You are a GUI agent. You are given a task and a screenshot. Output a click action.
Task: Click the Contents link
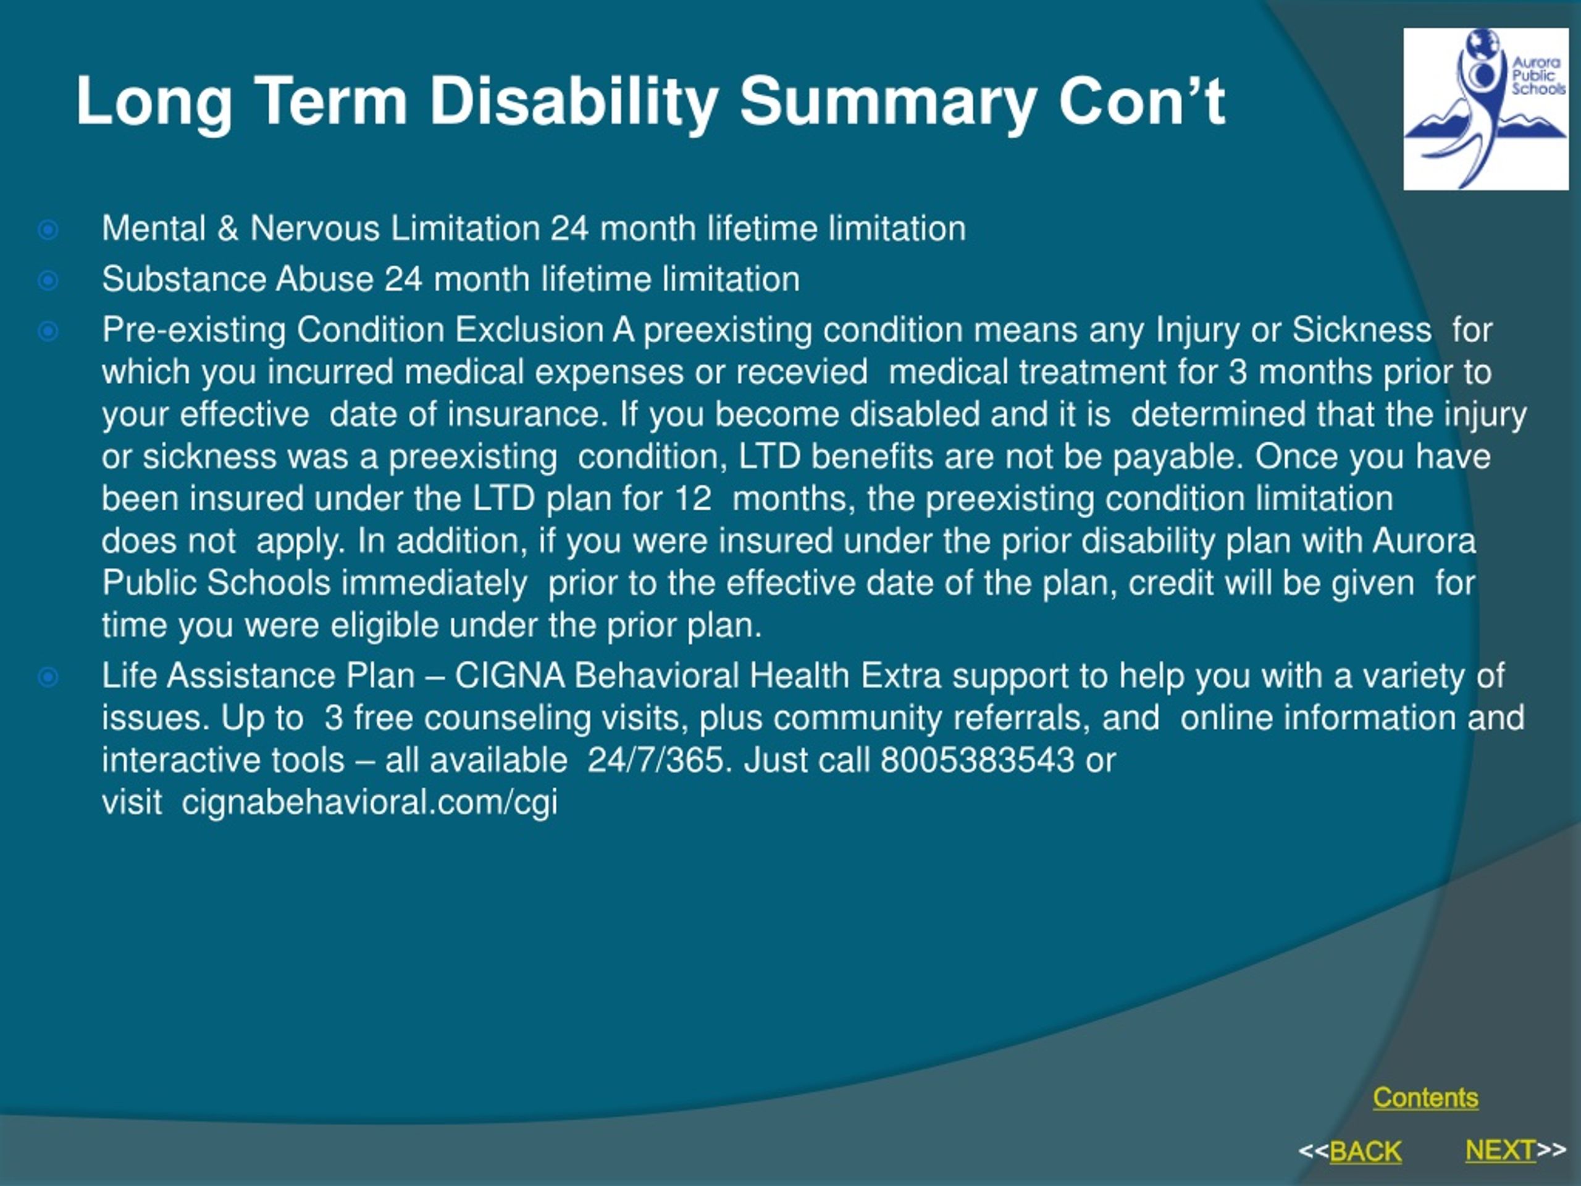(1425, 1097)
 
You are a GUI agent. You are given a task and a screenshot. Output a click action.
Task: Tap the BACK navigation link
(1365, 1151)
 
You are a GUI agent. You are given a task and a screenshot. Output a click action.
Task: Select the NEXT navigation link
(1500, 1150)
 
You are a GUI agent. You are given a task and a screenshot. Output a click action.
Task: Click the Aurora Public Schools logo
(1486, 109)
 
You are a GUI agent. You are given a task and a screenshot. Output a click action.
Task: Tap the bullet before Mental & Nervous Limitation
(48, 230)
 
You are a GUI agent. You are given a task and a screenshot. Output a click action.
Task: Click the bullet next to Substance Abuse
(48, 280)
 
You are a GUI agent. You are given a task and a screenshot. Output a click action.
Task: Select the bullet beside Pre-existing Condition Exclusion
(48, 331)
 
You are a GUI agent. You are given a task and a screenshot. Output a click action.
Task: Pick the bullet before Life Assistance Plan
(48, 677)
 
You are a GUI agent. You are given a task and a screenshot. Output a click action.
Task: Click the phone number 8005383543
(977, 759)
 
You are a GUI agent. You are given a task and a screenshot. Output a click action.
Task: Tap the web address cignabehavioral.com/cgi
(369, 802)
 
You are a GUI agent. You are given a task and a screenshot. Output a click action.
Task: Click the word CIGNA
(510, 676)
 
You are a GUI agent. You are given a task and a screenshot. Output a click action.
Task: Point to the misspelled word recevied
(802, 372)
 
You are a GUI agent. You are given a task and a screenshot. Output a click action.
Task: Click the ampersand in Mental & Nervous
(228, 229)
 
